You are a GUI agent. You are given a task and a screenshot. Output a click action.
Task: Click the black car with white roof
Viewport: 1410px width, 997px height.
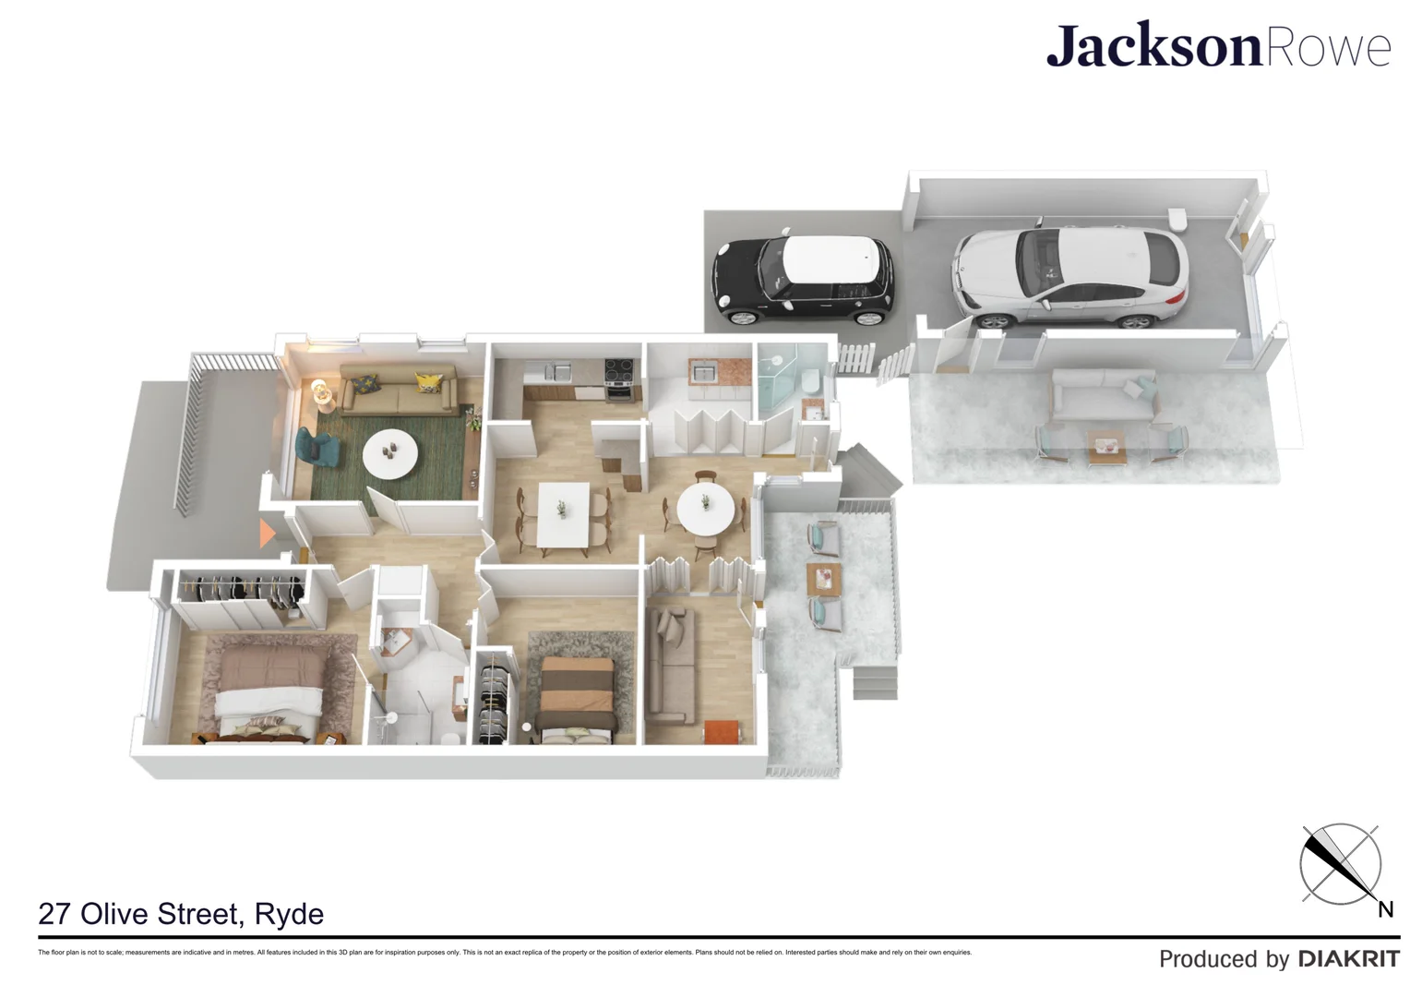pos(801,280)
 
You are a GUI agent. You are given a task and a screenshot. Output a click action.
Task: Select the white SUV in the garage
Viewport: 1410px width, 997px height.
pos(1069,276)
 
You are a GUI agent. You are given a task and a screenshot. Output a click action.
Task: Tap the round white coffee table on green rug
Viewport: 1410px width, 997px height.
pos(389,453)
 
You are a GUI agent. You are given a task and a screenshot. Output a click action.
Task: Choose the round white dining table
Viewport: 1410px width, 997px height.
pos(706,509)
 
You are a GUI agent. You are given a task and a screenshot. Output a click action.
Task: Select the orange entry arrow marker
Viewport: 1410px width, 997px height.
pos(266,533)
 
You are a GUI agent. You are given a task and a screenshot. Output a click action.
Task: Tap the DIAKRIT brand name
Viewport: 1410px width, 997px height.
pos(1349,959)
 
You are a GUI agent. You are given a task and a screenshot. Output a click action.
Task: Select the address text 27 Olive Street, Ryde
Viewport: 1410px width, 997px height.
pos(181,914)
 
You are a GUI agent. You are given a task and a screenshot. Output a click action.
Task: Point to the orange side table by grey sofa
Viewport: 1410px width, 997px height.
pos(722,731)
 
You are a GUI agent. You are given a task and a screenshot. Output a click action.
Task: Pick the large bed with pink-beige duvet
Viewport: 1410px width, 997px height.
pos(269,688)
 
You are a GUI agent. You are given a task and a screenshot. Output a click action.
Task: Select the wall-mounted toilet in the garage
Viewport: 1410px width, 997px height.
pos(1177,219)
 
